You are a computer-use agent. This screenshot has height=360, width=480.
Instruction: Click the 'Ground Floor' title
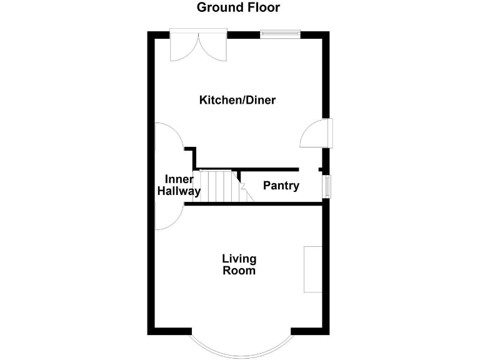238,7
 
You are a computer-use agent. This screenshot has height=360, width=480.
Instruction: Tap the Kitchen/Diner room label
237,100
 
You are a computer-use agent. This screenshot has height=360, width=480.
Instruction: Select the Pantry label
281,186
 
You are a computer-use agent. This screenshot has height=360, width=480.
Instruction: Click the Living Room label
239,265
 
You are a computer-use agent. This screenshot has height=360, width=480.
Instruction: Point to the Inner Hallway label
179,186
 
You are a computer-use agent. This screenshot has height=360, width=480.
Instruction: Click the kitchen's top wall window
280,34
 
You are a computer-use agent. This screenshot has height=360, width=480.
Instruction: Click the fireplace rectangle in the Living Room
312,269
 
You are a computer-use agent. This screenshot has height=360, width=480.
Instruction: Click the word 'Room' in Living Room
239,271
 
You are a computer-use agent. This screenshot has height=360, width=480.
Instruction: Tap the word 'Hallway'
179,192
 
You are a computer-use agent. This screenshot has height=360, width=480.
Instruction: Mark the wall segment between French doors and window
244,34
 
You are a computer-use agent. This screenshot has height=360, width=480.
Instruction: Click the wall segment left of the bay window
169,330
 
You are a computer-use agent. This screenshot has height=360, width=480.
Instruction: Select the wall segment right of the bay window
310,330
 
